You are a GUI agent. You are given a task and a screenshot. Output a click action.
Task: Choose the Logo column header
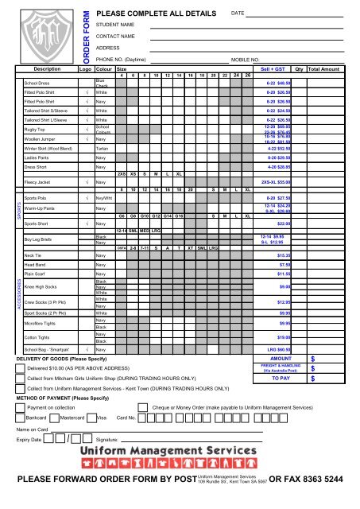click(x=84, y=70)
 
